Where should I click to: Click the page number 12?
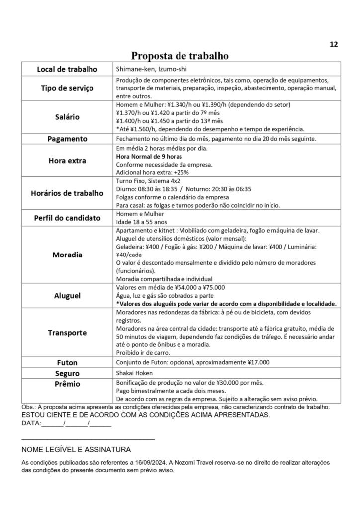[x=334, y=44]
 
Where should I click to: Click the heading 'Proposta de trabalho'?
[x=180, y=56]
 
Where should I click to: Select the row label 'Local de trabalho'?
[x=67, y=69]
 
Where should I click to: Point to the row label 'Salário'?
[x=67, y=117]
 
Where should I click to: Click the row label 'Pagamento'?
[x=67, y=139]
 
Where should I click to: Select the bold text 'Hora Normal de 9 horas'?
[x=145, y=156]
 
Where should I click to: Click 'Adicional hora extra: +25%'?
[x=148, y=172]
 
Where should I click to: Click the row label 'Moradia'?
[x=67, y=255]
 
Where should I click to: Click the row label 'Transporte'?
[x=67, y=333]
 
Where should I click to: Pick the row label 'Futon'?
[x=67, y=363]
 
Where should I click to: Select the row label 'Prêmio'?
[x=67, y=384]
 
